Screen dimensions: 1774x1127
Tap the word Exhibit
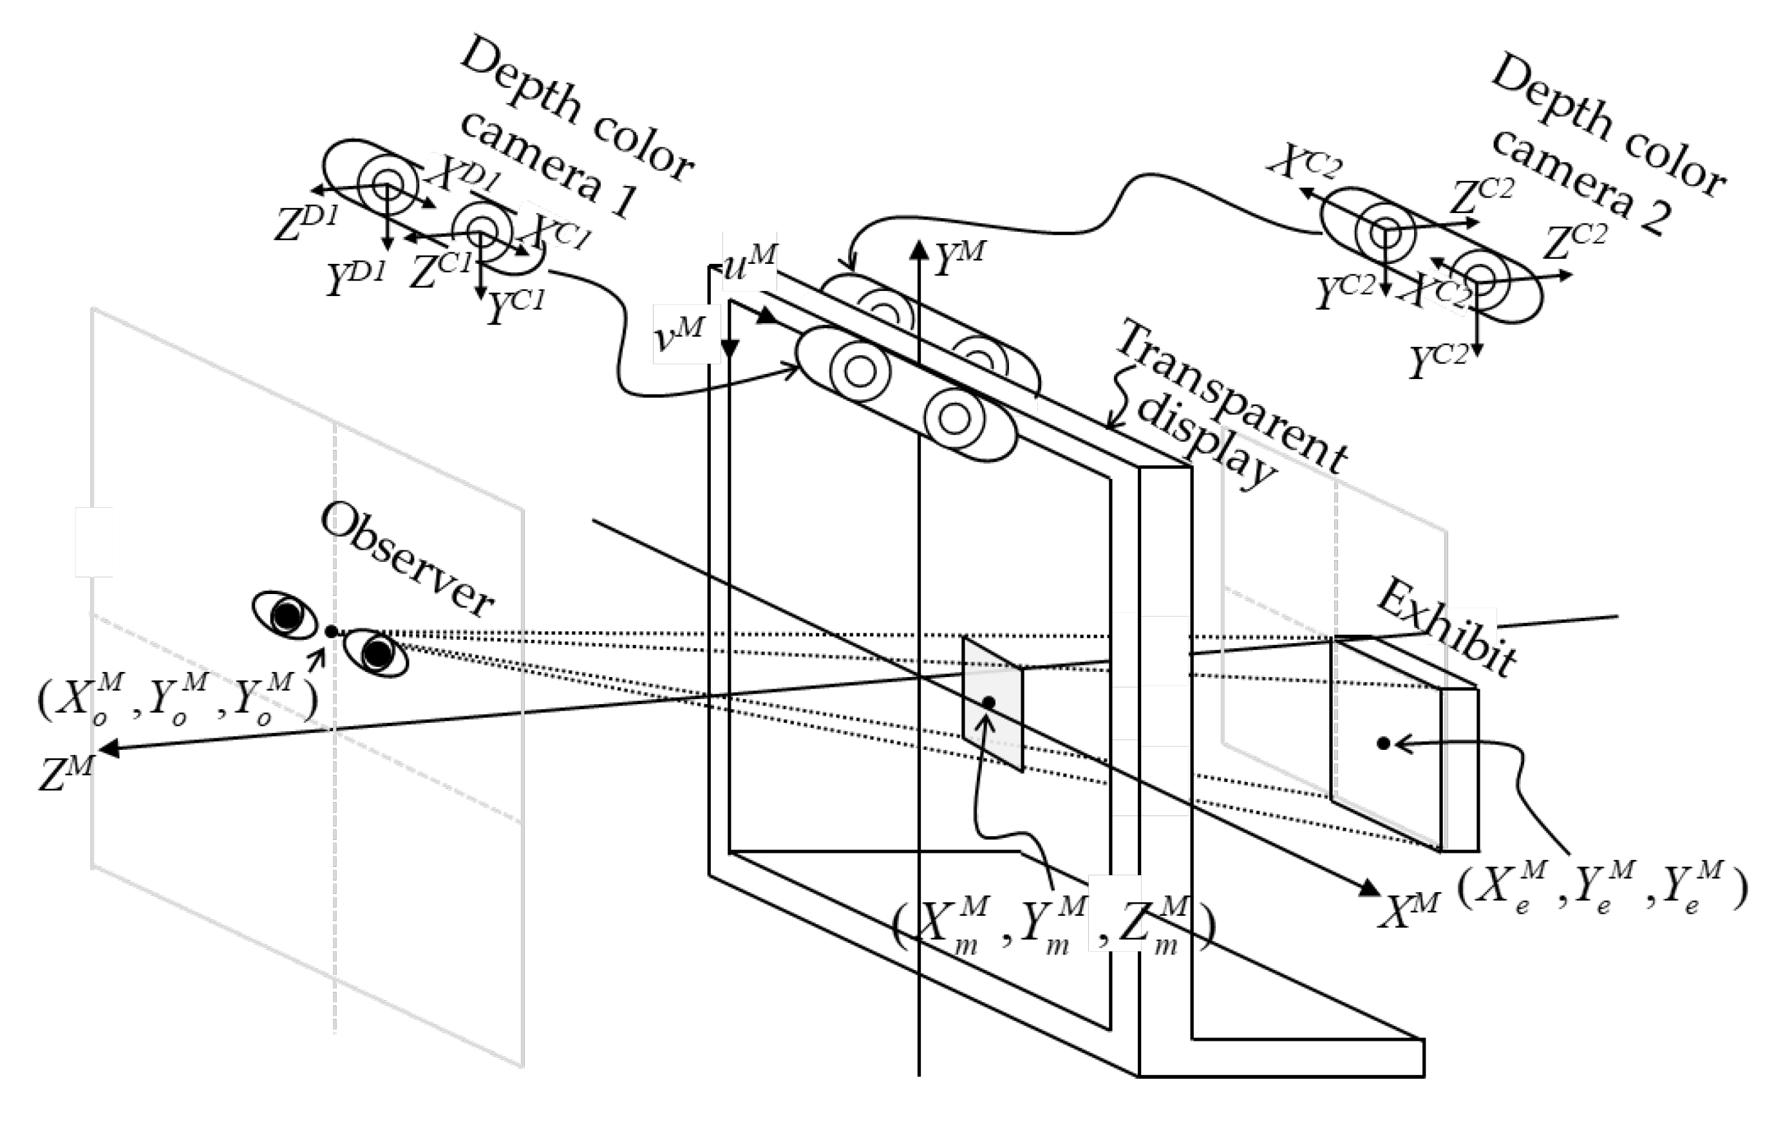tap(1446, 628)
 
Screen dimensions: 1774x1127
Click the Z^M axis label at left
tap(66, 774)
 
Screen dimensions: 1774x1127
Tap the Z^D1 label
tap(305, 224)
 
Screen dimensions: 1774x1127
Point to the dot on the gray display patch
tap(988, 703)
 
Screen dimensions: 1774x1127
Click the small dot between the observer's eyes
tap(332, 631)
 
